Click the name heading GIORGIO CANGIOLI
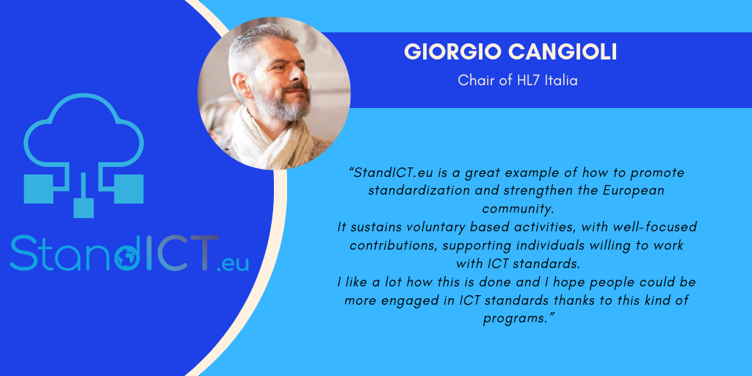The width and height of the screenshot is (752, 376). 510,52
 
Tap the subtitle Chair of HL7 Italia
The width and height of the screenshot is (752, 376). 518,80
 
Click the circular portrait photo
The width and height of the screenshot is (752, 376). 274,93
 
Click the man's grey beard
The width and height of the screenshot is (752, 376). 283,103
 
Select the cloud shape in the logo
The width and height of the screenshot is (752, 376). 84,127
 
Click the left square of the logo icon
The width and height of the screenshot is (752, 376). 38,189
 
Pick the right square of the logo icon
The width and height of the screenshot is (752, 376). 129,189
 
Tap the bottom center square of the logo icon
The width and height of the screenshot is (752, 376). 84,207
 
